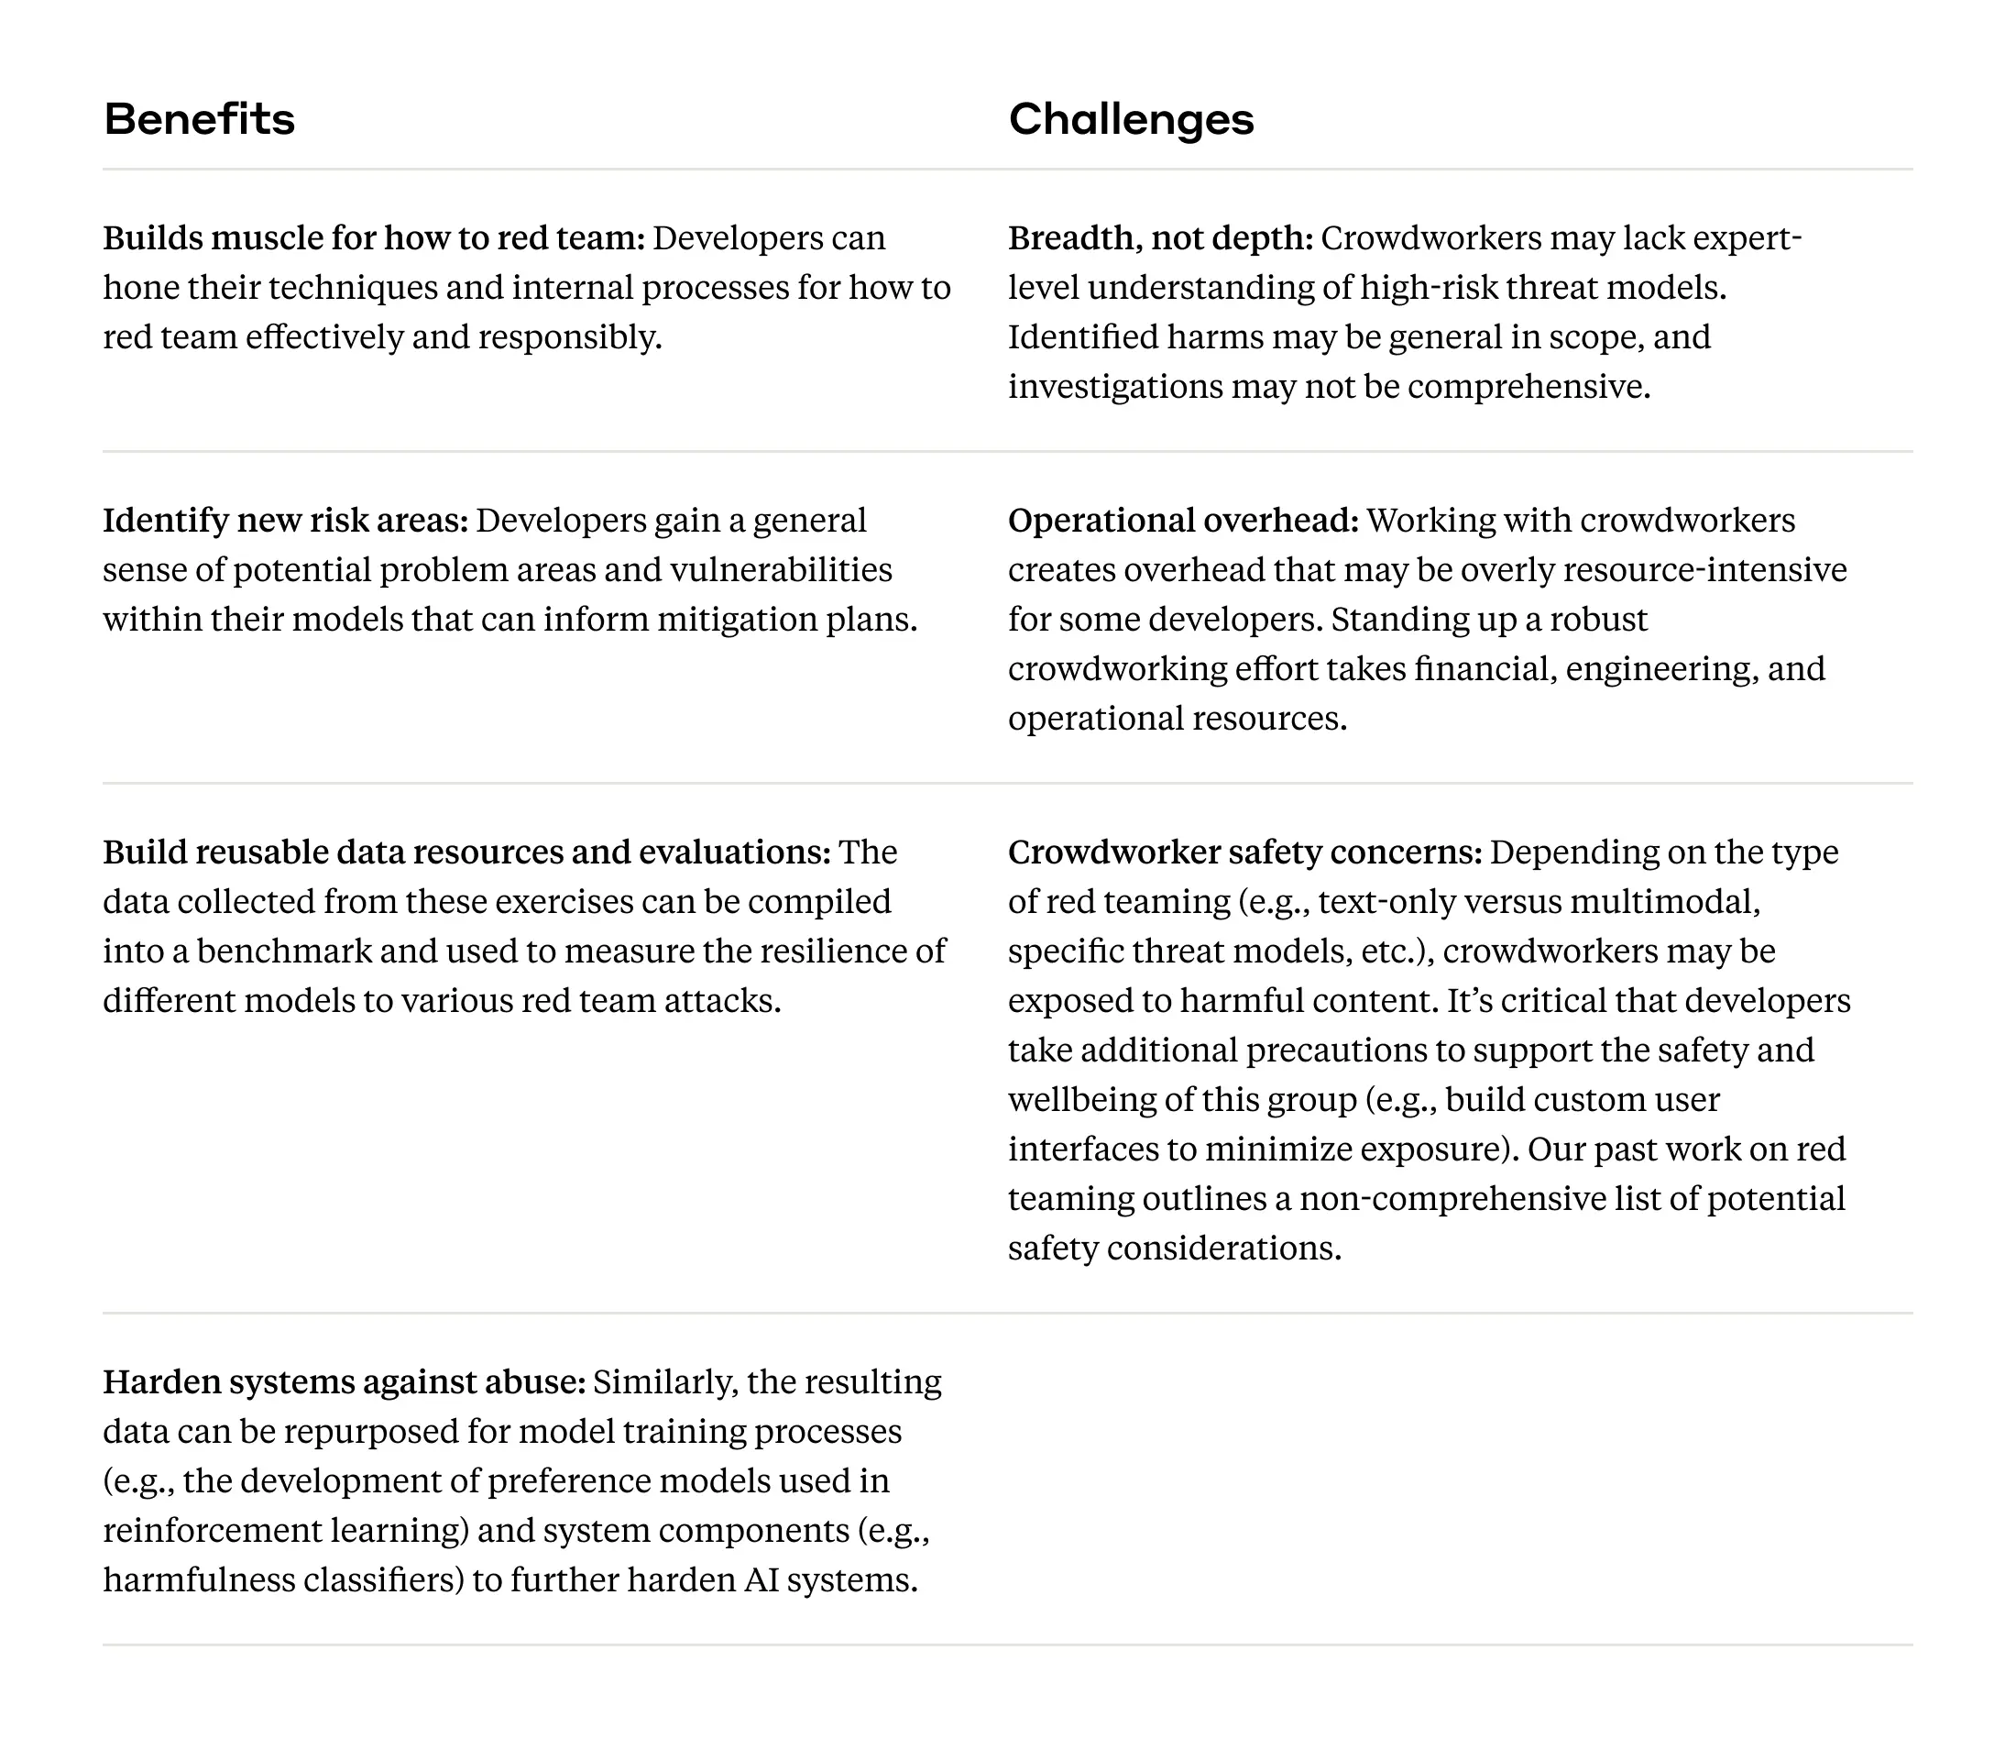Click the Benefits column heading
coord(199,119)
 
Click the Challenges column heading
coord(1131,119)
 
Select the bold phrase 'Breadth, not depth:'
coord(1160,238)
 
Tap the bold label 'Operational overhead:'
coord(1183,521)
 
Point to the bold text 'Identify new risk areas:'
coord(286,521)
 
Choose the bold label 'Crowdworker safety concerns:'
coord(1244,852)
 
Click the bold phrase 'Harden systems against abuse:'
coord(344,1382)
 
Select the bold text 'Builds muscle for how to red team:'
coord(374,238)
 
